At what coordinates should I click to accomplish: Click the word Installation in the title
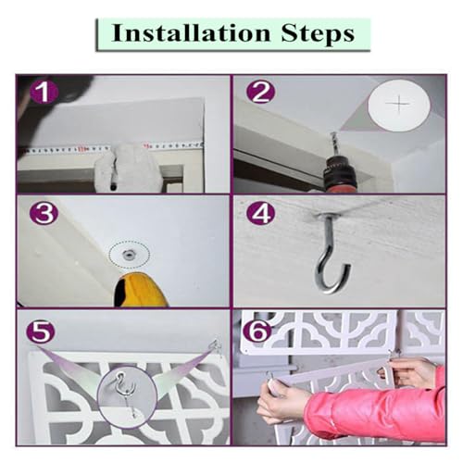(x=191, y=33)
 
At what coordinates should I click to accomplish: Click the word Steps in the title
(x=318, y=33)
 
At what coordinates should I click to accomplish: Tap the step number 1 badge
(x=44, y=92)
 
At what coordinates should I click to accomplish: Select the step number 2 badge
(x=261, y=92)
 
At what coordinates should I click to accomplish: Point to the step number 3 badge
(x=44, y=214)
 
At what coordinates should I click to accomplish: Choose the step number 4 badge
(x=262, y=214)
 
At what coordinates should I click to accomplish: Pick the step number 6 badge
(x=257, y=332)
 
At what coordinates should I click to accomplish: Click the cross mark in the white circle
(x=399, y=104)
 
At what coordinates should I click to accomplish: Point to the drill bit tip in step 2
(x=332, y=133)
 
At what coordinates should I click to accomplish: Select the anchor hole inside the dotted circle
(x=128, y=255)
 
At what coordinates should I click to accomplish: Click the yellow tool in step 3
(x=141, y=290)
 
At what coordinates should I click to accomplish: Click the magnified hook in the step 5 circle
(x=126, y=391)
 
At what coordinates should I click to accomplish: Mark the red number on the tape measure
(x=81, y=149)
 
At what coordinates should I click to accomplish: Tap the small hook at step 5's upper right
(x=216, y=347)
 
